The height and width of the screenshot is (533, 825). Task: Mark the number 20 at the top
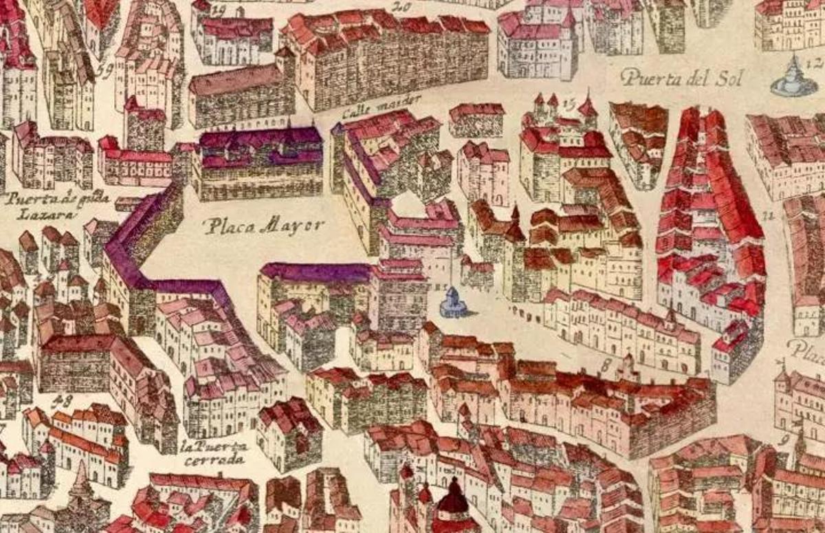401,8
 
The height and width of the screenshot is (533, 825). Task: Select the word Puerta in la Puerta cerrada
221,446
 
